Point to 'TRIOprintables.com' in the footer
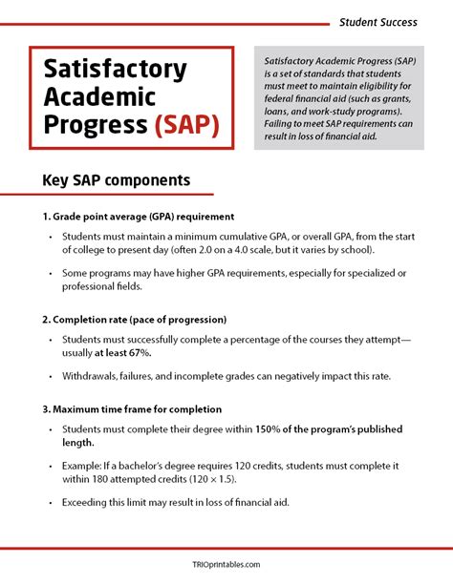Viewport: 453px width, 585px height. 226,564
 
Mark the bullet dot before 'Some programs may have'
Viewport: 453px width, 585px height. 48,274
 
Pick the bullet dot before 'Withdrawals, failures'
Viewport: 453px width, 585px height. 48,377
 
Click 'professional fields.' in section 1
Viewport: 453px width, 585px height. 111,287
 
